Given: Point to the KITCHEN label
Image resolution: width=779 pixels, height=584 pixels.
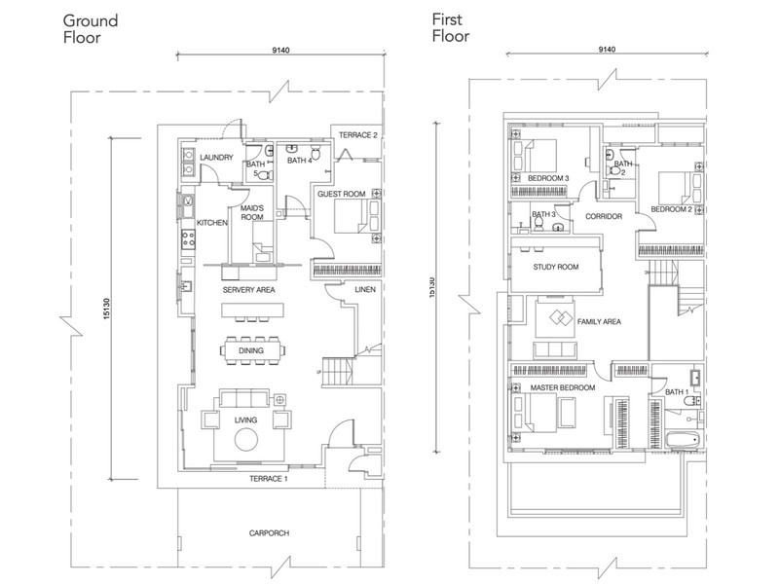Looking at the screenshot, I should coord(212,223).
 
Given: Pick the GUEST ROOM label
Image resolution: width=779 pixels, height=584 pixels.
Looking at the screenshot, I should coord(341,195).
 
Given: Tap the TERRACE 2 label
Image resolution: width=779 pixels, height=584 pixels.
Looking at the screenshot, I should coord(357,134).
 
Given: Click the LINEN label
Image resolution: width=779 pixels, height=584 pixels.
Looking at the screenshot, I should coord(364,290).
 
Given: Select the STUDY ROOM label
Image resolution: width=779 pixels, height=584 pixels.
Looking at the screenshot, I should coord(556,267).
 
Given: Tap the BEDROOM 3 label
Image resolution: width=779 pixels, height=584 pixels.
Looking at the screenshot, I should coord(548,179).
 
